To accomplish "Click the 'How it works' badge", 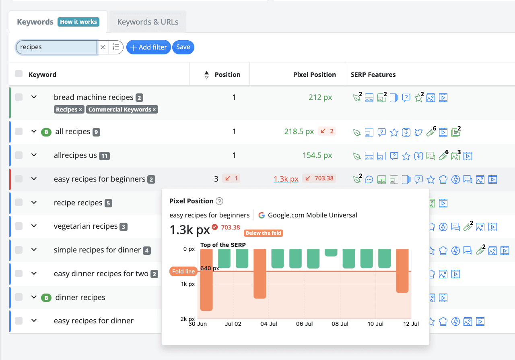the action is coord(78,22).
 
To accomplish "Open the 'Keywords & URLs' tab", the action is coord(148,22).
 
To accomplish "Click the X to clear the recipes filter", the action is coord(103,47).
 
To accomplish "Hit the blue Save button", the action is coord(183,47).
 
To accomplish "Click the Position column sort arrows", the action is coord(207,75).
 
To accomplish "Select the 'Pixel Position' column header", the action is coord(314,74).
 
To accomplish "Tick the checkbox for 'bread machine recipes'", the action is coord(19,97).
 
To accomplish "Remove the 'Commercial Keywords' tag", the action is coord(154,110).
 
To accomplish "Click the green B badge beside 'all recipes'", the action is coord(46,132).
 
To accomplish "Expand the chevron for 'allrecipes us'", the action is coord(34,155).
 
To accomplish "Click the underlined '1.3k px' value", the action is coord(286,179).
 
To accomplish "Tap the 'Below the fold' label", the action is coord(264,233).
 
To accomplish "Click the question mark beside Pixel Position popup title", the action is coord(219,201).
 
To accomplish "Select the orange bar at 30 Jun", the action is coord(206,280).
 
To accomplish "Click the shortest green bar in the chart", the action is coord(331,253).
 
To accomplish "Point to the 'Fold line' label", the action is coord(183,271).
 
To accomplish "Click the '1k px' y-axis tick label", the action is coord(188,284).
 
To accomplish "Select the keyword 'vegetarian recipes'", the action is coord(86,226).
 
